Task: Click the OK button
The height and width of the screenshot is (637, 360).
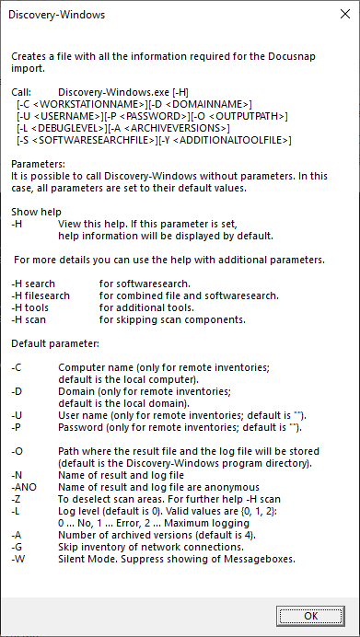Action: (310, 616)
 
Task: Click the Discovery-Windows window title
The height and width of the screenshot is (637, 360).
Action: (57, 16)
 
